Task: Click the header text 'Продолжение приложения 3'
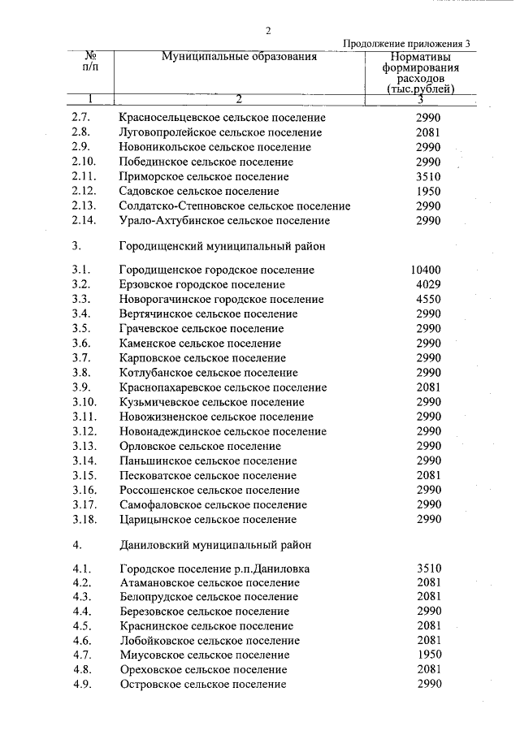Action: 406,44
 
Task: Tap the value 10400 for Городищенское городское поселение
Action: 426,270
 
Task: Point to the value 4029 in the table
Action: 427,284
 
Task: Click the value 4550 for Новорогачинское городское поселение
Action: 427,299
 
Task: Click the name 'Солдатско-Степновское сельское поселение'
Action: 235,206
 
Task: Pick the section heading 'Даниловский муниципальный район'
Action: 214,544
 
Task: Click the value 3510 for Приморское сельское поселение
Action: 427,176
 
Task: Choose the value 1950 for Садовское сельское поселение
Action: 427,191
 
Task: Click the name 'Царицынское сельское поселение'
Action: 208,520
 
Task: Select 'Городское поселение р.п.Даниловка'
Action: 214,569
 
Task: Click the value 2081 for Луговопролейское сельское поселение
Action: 427,132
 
